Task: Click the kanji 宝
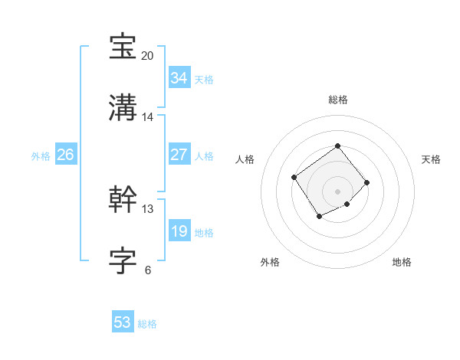click(123, 47)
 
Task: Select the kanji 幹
click(123, 200)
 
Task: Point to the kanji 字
click(123, 261)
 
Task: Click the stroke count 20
click(148, 56)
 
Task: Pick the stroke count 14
click(148, 117)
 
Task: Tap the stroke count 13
click(148, 208)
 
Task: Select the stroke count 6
click(148, 270)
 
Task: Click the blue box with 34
click(179, 78)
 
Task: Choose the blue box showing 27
click(179, 155)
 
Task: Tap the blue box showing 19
click(179, 231)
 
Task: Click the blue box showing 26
click(66, 155)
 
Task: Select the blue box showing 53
click(123, 322)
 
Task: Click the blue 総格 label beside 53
click(148, 324)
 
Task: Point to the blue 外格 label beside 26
click(41, 156)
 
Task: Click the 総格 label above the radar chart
click(337, 100)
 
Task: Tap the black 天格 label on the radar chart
click(431, 159)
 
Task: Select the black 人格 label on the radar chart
click(245, 159)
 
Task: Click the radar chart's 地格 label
click(402, 262)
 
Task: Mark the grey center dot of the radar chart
click(337, 191)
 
